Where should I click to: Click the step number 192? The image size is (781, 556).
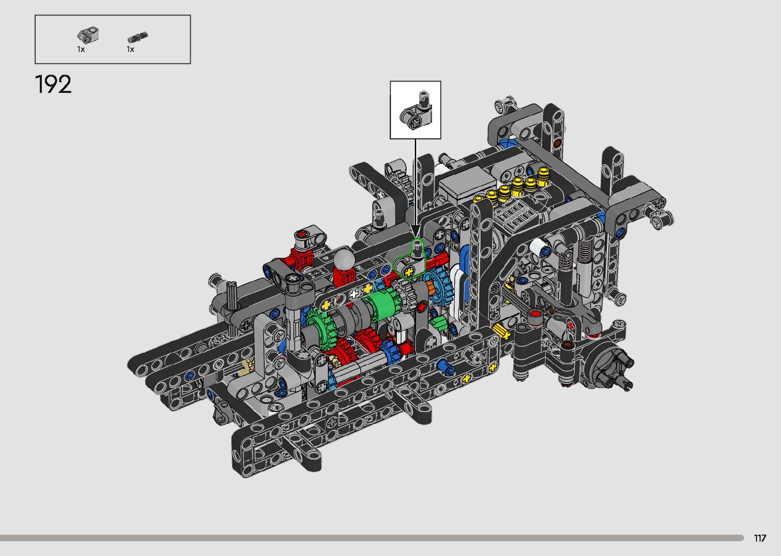pos(54,84)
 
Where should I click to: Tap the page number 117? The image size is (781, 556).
pos(760,538)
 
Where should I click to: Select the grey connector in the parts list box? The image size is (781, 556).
pos(88,35)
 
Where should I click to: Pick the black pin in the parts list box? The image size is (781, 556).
pos(138,37)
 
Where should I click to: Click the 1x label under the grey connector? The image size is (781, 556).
pos(81,50)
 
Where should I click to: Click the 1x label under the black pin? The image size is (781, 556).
pos(131,50)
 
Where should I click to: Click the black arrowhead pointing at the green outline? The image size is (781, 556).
pos(415,231)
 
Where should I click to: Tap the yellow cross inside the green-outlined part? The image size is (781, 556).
pos(409,272)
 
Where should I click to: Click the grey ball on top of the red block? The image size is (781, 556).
pos(344,259)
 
